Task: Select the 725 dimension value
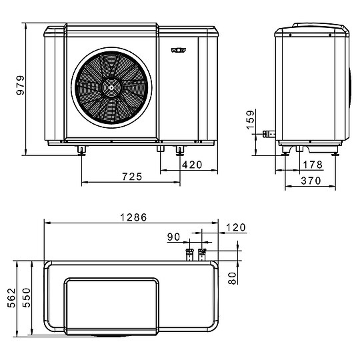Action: coord(131,177)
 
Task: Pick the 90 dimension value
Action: coord(174,237)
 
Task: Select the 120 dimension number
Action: coord(236,228)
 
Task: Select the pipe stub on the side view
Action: coord(270,134)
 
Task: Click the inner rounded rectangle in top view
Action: coord(111,304)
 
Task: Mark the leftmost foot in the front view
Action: coord(81,149)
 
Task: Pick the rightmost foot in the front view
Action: coord(179,149)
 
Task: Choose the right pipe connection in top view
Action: coord(203,253)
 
